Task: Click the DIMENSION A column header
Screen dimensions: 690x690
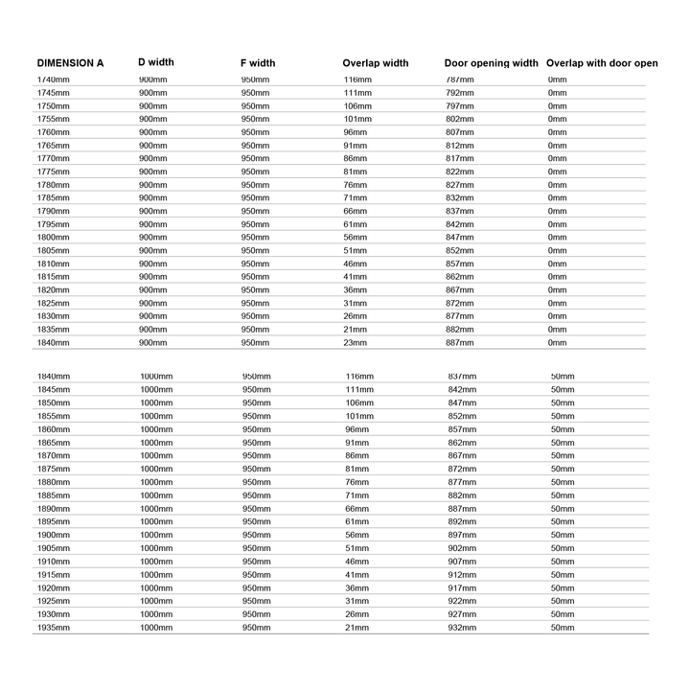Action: [70, 63]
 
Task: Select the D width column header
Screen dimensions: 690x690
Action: [156, 62]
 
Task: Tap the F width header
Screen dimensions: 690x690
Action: [258, 63]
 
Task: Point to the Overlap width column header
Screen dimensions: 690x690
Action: [376, 63]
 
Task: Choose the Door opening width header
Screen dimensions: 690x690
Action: [492, 63]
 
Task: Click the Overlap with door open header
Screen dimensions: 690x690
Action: [602, 63]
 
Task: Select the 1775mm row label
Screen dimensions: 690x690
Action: [53, 172]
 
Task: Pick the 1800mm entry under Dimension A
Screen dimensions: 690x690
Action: [53, 237]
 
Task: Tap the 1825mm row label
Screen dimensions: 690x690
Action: [53, 303]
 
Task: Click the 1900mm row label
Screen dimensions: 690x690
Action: [54, 535]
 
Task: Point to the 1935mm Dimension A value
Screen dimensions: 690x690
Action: [54, 627]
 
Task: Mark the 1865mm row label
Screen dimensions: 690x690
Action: [54, 443]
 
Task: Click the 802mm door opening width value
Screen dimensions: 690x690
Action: [460, 119]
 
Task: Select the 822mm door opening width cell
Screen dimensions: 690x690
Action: [460, 172]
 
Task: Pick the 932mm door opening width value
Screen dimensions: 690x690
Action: [462, 627]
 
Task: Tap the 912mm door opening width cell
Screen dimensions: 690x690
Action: [462, 574]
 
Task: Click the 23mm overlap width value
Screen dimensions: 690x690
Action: [356, 342]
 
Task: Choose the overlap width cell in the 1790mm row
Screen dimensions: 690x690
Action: [356, 211]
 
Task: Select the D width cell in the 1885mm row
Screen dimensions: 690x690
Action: [156, 495]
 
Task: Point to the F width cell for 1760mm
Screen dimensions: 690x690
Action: [255, 132]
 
